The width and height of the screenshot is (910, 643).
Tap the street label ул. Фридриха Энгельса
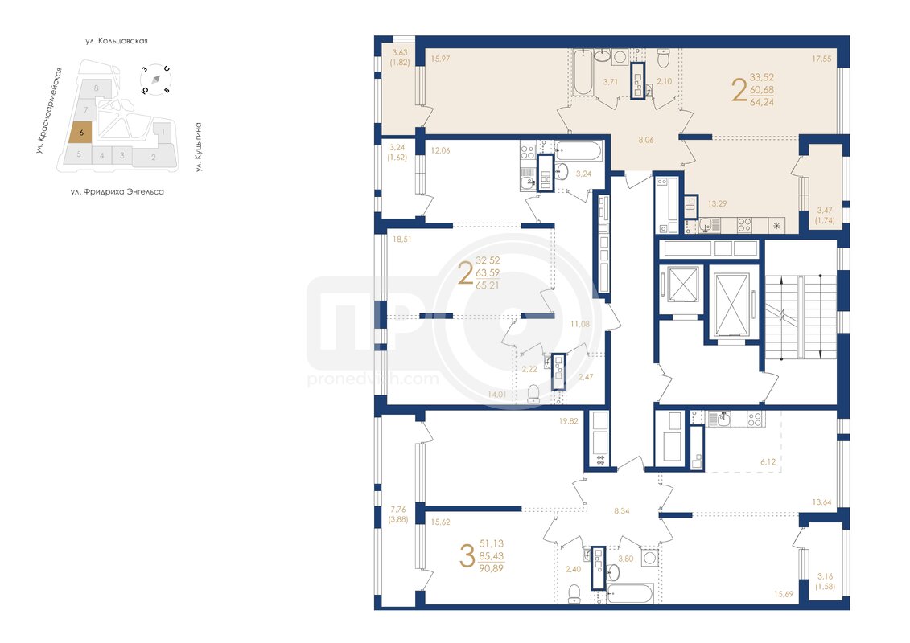pos(117,192)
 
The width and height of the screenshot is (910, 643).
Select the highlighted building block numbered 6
pos(80,132)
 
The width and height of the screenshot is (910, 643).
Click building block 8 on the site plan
pos(97,88)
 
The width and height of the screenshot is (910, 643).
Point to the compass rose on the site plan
pos(155,79)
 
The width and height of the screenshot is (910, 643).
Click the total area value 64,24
pos(762,103)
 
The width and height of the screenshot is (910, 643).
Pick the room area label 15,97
pos(440,59)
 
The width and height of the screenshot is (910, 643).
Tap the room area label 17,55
pos(821,59)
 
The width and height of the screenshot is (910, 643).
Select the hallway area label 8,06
pos(645,140)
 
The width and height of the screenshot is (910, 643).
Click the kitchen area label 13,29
pos(718,203)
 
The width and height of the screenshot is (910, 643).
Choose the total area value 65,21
pos(488,286)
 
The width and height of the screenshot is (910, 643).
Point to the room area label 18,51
pos(401,239)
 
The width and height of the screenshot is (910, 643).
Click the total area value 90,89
pos(492,569)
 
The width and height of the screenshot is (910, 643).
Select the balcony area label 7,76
pos(398,510)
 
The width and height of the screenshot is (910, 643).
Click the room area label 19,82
pos(568,421)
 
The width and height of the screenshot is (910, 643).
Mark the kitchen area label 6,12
pos(768,461)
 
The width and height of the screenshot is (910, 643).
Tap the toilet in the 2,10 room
pos(664,58)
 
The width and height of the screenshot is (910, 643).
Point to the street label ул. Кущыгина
pos(198,147)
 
